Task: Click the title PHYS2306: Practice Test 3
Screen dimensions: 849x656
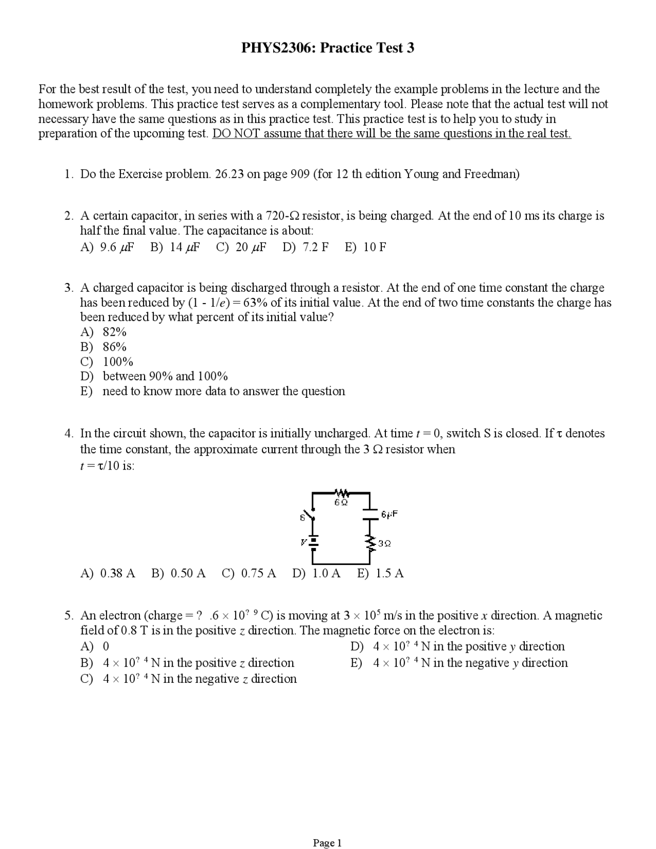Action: pyautogui.click(x=327, y=48)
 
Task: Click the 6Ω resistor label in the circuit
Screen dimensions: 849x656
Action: pyautogui.click(x=341, y=502)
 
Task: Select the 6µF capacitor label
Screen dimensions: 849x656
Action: pyautogui.click(x=389, y=514)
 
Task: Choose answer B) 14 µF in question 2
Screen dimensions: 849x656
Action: pyautogui.click(x=175, y=247)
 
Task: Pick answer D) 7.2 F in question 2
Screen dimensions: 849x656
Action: pyautogui.click(x=305, y=247)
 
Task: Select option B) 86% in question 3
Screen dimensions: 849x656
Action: pyautogui.click(x=104, y=347)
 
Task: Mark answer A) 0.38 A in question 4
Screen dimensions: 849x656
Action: pyautogui.click(x=108, y=573)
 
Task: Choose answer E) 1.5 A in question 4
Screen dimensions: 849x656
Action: pyautogui.click(x=380, y=573)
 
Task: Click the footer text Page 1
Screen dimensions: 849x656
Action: pyautogui.click(x=327, y=829)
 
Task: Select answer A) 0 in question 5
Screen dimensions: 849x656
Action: pyautogui.click(x=95, y=646)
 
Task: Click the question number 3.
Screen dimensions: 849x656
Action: pyautogui.click(x=68, y=288)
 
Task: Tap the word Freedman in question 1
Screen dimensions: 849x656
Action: pyautogui.click(x=491, y=174)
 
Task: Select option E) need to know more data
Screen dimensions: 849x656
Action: pyautogui.click(x=213, y=391)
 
